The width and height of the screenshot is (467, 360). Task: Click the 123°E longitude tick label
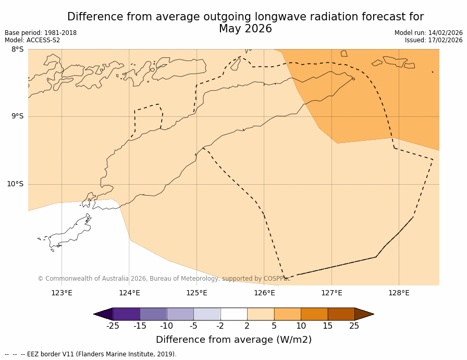(x=62, y=293)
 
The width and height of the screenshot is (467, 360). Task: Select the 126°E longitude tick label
(x=264, y=293)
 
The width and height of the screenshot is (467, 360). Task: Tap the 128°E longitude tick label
(x=399, y=293)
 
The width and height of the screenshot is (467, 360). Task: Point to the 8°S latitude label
(x=17, y=50)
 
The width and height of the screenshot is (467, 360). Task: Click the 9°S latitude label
(x=17, y=116)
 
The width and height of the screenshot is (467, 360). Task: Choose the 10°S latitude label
(x=15, y=184)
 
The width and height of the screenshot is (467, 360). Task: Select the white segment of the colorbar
(x=234, y=314)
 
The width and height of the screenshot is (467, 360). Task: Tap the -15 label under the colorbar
(x=140, y=326)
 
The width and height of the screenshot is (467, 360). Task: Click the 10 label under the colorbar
(x=301, y=326)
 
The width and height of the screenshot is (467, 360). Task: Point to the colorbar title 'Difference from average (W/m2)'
(x=233, y=340)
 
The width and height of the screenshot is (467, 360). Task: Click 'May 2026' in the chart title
(x=245, y=29)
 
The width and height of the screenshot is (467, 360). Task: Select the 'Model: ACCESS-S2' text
(x=32, y=40)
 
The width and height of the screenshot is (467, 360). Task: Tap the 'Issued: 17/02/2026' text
(x=434, y=40)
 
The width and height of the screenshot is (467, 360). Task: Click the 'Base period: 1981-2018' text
(x=41, y=33)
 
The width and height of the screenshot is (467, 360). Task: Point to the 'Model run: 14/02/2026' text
(x=428, y=33)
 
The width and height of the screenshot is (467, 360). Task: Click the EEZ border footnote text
(x=91, y=354)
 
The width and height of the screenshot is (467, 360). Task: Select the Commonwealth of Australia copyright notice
(x=164, y=279)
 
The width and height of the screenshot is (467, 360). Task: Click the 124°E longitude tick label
(x=129, y=293)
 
